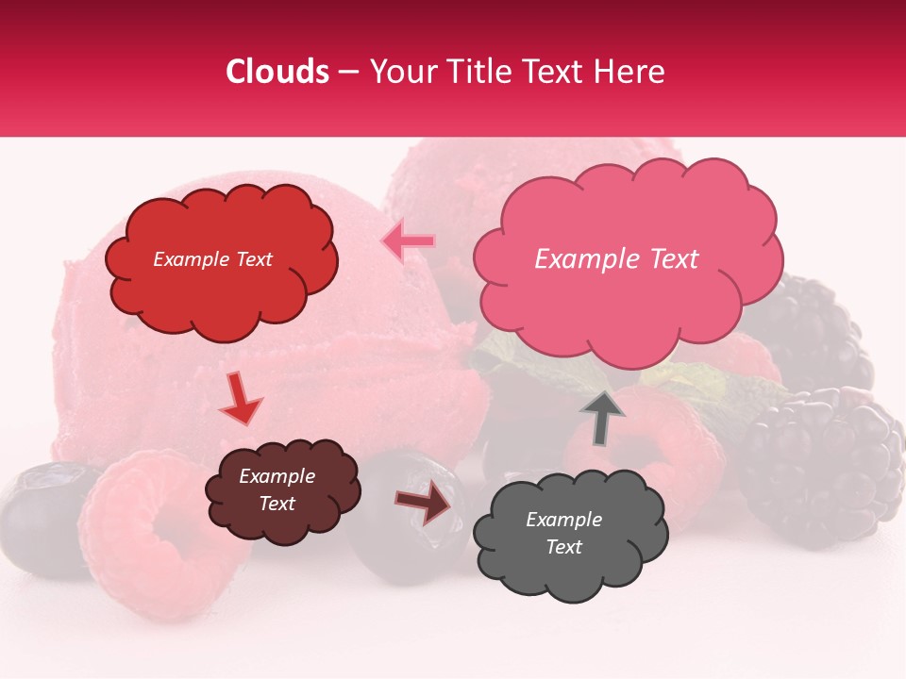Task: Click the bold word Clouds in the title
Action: coord(277,72)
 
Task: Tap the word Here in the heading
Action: coord(630,72)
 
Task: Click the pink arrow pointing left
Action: coord(409,241)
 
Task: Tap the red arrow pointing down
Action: coord(241,398)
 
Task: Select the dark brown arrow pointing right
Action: coord(422,505)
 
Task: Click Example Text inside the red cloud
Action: coord(212,259)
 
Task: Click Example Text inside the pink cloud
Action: coord(616,259)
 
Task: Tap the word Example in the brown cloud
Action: coord(277,476)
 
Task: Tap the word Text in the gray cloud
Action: coord(563,547)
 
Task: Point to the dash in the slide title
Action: coord(348,72)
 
